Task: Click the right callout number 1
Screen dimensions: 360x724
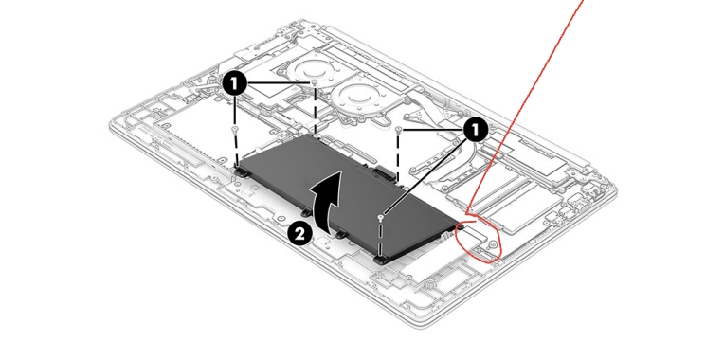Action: [x=475, y=126]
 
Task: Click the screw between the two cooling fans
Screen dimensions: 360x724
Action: [x=315, y=83]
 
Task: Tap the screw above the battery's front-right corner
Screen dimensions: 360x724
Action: [x=381, y=217]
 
